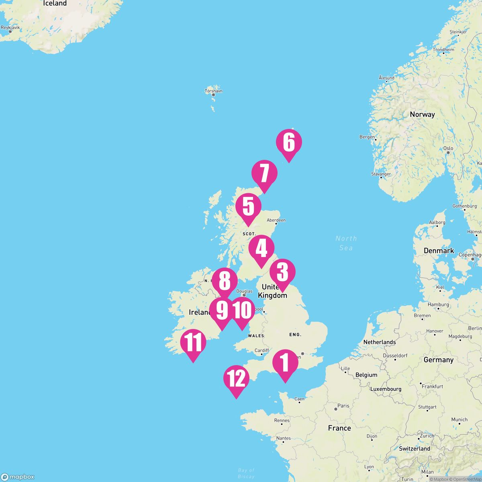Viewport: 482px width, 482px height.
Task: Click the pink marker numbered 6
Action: (289, 143)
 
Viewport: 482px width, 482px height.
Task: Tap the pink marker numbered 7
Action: (264, 174)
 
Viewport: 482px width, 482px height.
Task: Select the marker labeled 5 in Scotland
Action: (248, 207)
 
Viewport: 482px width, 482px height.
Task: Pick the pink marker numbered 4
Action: (261, 249)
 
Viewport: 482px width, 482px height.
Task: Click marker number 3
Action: (282, 273)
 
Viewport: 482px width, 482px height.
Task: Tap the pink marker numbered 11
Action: (193, 343)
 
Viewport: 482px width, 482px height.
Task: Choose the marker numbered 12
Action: (236, 379)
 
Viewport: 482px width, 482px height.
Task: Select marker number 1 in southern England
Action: (285, 363)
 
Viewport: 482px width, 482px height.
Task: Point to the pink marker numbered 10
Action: (242, 310)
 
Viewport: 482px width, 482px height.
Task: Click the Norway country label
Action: (422, 114)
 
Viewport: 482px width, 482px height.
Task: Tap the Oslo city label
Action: (448, 148)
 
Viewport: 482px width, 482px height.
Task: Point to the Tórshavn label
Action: (214, 91)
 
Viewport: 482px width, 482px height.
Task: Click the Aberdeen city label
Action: (276, 220)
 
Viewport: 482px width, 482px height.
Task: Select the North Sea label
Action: (346, 243)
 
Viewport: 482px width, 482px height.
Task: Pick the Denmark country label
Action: (439, 251)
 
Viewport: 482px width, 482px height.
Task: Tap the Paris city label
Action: (343, 406)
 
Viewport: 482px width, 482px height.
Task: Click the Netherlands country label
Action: (380, 342)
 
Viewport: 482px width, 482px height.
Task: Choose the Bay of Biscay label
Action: (246, 473)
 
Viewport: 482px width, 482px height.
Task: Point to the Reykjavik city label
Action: (10, 28)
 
